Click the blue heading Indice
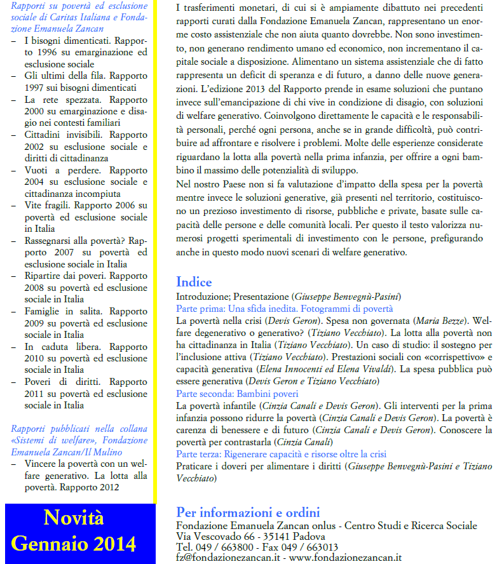point(194,282)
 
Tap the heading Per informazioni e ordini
point(248,513)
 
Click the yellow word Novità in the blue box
point(74,518)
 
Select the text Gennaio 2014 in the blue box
point(74,544)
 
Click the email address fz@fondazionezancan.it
point(227,557)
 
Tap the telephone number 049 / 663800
point(222,547)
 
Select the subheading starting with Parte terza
point(281,454)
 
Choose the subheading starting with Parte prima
point(284,309)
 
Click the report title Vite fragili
point(48,205)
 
